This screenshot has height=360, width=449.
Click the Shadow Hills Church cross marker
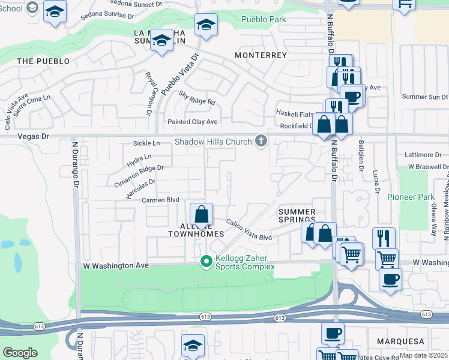261,142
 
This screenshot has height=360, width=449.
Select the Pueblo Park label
264,19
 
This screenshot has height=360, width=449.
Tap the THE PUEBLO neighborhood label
43,61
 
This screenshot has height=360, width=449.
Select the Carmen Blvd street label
161,200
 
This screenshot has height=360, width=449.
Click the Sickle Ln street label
146,143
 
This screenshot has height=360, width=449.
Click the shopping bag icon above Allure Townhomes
202,214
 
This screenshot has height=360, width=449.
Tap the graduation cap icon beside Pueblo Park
206,25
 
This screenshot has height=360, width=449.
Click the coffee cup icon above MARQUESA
333,333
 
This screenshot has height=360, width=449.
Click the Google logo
20,353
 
